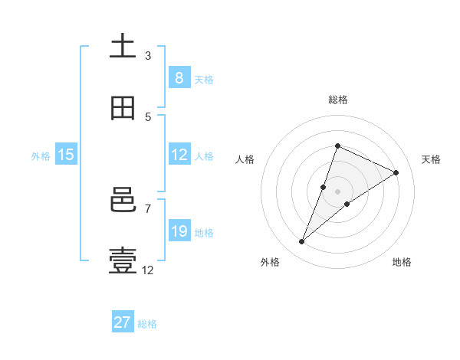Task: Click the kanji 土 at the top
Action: click(x=123, y=46)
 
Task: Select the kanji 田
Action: click(x=123, y=108)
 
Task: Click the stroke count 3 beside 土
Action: click(x=148, y=56)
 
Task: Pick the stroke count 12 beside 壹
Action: click(x=148, y=270)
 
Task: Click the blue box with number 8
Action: click(x=179, y=78)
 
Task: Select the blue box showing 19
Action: click(x=179, y=231)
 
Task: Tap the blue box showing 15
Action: click(x=66, y=155)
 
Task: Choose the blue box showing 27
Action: click(x=123, y=322)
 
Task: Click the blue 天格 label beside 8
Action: click(x=204, y=80)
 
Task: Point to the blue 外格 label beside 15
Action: click(x=41, y=156)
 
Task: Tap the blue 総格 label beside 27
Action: click(x=147, y=324)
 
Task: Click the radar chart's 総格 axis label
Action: click(x=337, y=100)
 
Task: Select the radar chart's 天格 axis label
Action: click(x=431, y=159)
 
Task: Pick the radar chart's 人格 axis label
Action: click(x=245, y=159)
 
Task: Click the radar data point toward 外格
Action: click(x=302, y=242)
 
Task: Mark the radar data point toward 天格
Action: click(x=396, y=172)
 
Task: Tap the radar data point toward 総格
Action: click(x=337, y=146)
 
